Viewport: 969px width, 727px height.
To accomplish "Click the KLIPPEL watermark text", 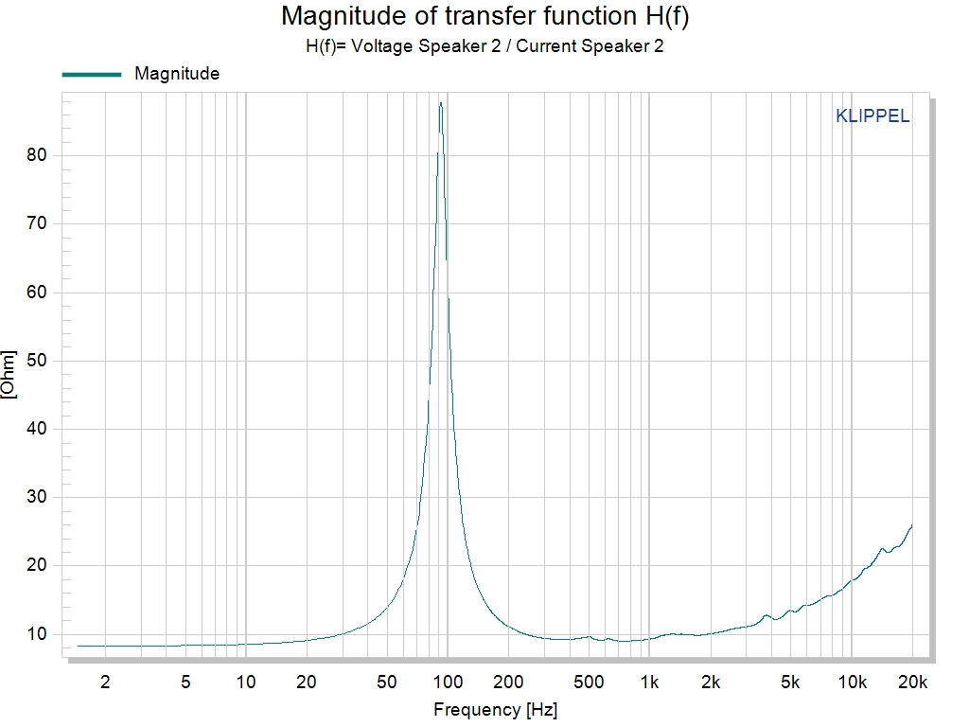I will click(x=872, y=116).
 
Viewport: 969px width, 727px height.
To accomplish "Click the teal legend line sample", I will click(x=92, y=74).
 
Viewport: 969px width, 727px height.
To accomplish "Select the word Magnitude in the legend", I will click(x=177, y=74).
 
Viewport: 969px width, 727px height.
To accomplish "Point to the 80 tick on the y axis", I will click(x=37, y=155).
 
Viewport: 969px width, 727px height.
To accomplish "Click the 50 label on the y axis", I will click(x=37, y=361).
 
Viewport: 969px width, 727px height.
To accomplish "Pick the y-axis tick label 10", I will click(x=37, y=634).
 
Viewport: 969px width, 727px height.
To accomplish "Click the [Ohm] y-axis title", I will click(x=9, y=375).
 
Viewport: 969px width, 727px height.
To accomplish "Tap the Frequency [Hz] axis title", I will click(x=489, y=709).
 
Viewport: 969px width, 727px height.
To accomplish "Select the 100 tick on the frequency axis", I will click(x=448, y=682).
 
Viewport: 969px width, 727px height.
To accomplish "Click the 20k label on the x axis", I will click(x=912, y=682).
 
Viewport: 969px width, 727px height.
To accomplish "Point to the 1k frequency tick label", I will click(x=649, y=682).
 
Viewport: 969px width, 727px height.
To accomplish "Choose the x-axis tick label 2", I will click(x=105, y=682).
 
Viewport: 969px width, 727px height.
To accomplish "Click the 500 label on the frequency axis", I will click(x=589, y=682).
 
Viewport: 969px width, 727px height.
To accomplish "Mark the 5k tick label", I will click(x=790, y=682).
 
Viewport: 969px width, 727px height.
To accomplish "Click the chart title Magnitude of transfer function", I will click(x=484, y=16).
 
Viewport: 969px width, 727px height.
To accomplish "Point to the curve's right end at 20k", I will click(x=911, y=525).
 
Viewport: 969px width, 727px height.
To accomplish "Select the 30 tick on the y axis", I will click(x=37, y=497).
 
